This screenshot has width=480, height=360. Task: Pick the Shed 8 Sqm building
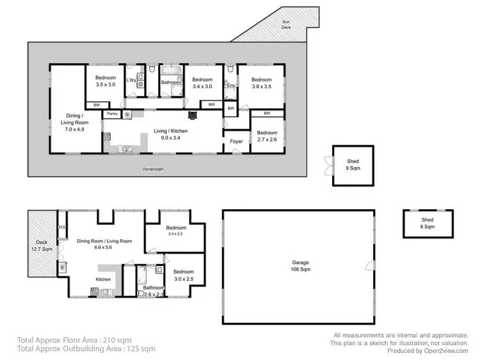click(x=427, y=223)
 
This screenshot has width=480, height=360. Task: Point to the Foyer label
click(x=237, y=142)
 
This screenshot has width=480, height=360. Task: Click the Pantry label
click(x=112, y=114)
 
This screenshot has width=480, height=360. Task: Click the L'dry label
click(x=131, y=80)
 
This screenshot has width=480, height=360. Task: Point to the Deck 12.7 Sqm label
click(x=41, y=246)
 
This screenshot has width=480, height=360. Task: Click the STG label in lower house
click(x=62, y=227)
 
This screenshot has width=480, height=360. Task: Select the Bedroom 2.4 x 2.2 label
click(x=176, y=231)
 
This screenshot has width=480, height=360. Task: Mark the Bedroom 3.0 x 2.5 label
click(x=183, y=275)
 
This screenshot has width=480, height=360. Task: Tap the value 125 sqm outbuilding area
click(x=137, y=348)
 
